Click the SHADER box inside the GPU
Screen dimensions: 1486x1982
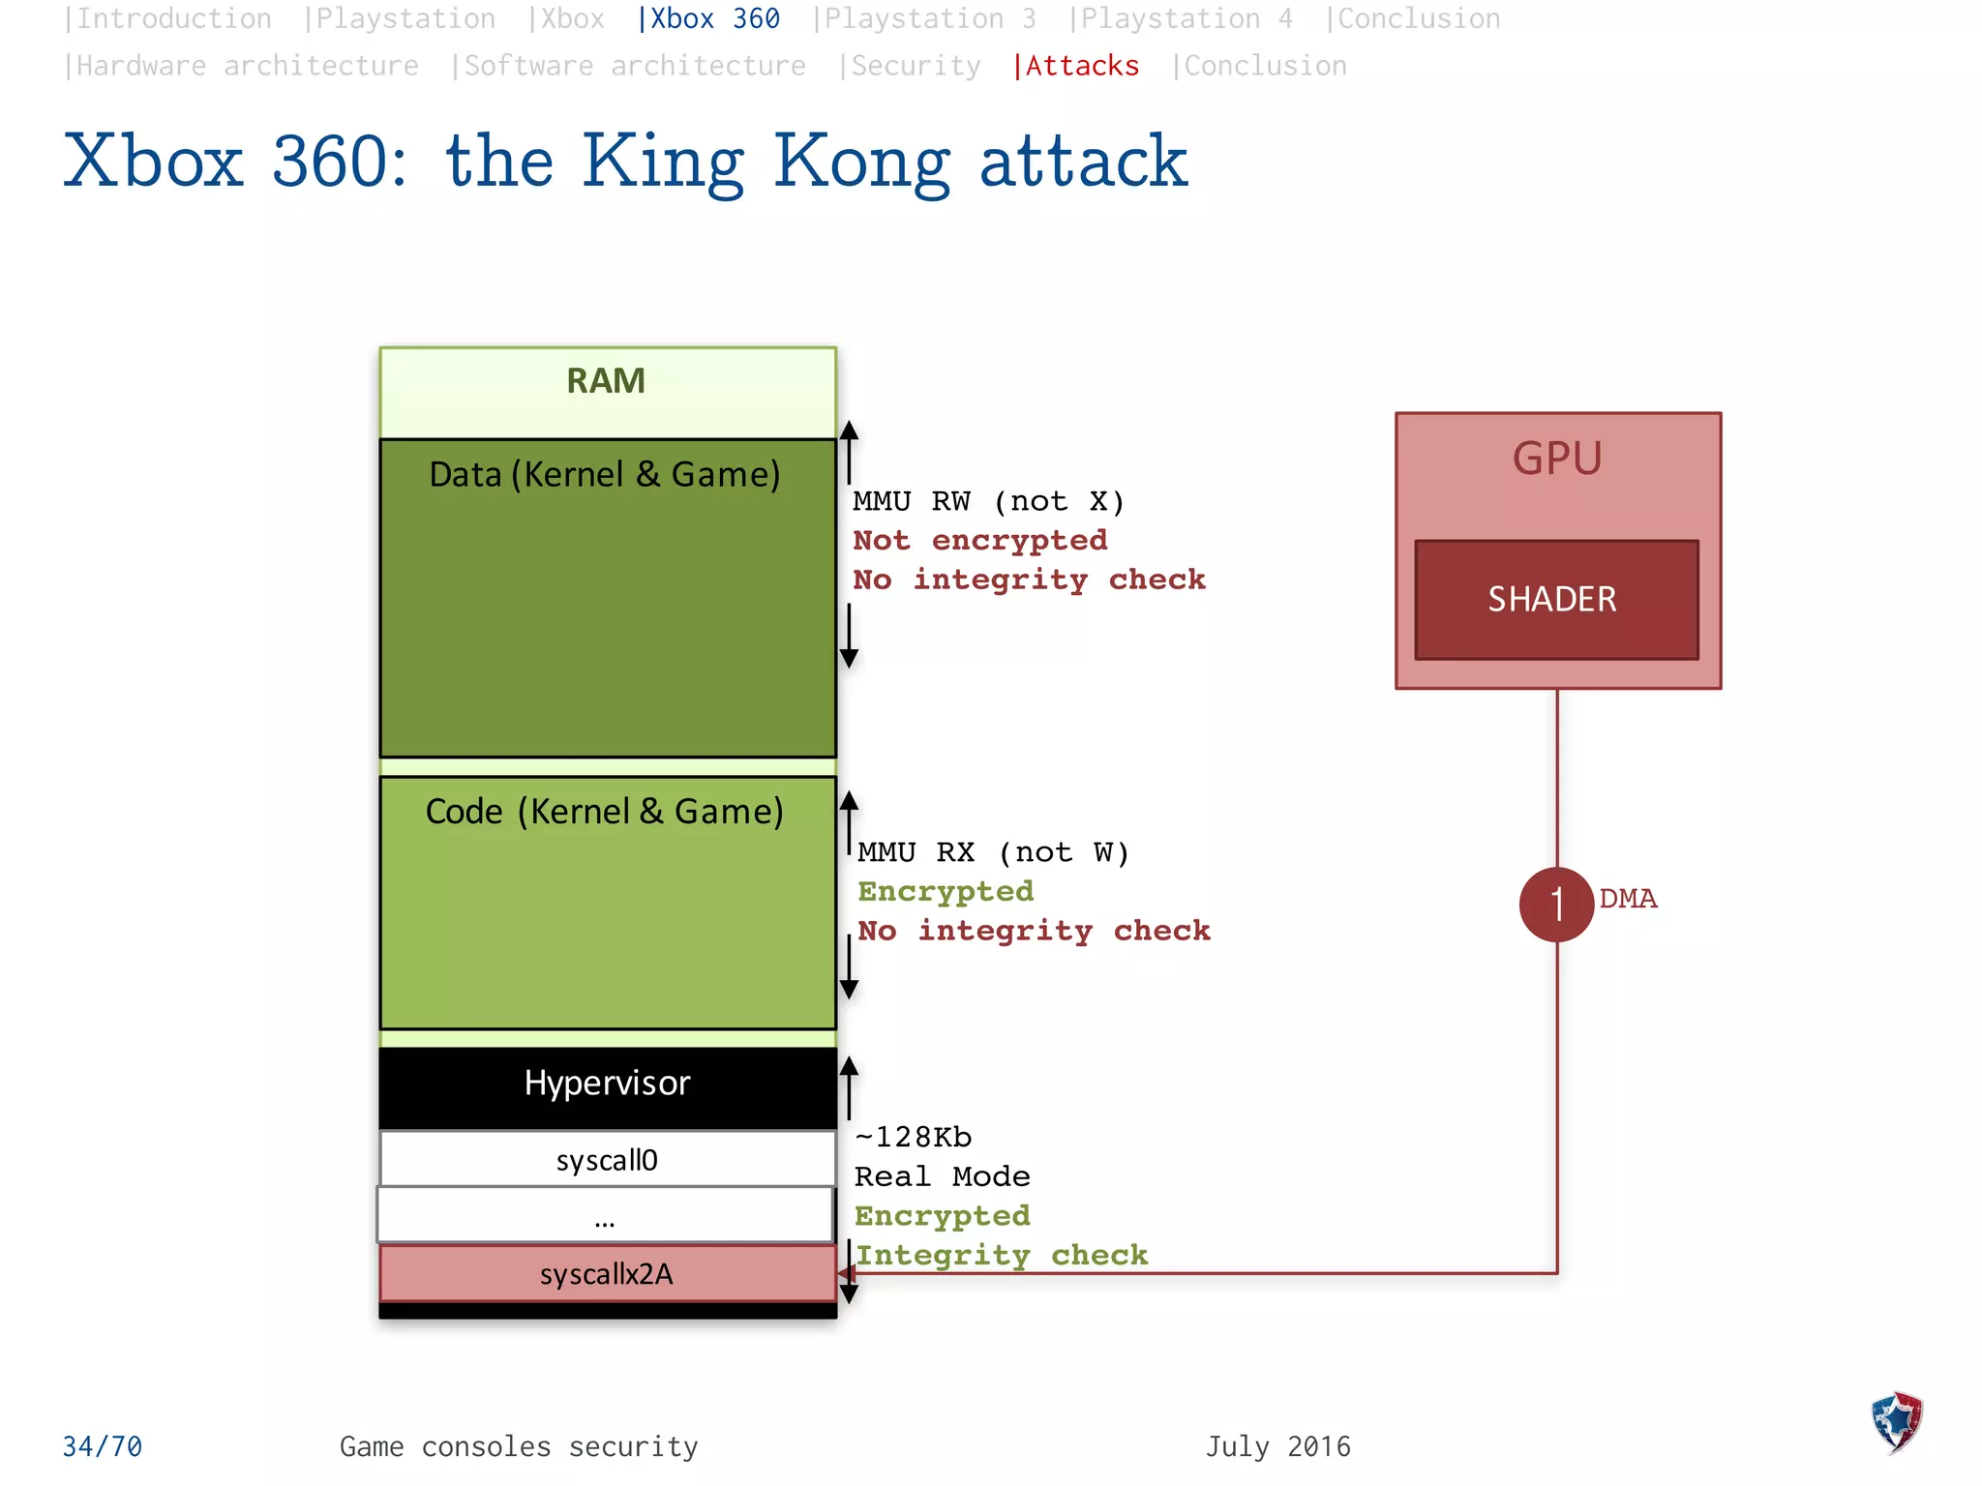1555,600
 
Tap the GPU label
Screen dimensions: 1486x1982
1557,459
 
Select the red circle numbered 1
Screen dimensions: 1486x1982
1556,905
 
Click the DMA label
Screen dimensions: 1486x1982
1628,899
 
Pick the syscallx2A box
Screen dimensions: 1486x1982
607,1273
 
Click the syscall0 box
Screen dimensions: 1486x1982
607,1159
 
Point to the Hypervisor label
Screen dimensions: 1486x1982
607,1083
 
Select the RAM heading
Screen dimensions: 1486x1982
606,381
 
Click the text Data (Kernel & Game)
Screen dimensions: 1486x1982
605,474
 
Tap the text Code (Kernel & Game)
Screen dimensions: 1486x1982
605,811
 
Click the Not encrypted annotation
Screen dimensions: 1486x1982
979,540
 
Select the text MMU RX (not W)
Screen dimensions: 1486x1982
993,852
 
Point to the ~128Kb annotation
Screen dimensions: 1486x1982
913,1137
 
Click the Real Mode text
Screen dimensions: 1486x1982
942,1176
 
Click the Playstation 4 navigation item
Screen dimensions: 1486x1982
1181,18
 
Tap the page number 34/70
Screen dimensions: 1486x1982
103,1446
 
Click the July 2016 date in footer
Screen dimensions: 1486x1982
1277,1446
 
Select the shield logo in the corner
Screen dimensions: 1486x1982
1896,1421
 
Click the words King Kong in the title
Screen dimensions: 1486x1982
765,162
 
